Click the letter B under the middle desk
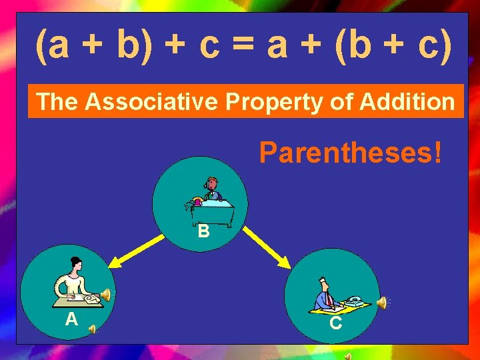(x=203, y=232)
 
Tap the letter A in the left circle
(x=72, y=319)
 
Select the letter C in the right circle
(x=336, y=323)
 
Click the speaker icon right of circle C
(x=383, y=303)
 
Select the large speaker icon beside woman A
(x=105, y=295)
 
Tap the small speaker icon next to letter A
(x=93, y=328)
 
